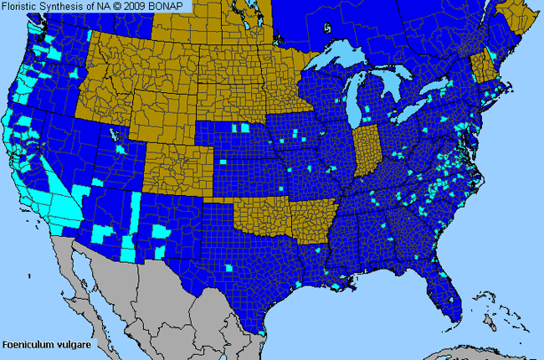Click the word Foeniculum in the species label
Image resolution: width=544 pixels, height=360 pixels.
[x=28, y=344]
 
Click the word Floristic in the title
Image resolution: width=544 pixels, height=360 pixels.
[x=20, y=6]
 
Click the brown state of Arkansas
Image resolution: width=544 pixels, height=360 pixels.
[x=311, y=222]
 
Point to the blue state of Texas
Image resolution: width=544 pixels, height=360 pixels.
[x=243, y=268]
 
